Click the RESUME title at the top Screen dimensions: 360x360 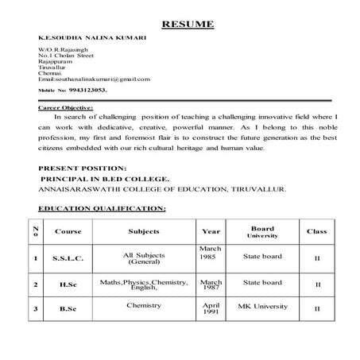point(188,24)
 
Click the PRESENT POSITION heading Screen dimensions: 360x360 point(82,168)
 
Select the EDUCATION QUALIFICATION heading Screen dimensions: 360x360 point(102,208)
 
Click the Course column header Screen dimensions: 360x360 point(68,232)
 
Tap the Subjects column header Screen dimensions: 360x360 point(144,232)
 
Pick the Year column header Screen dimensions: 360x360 point(211,232)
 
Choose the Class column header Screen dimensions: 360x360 point(316,232)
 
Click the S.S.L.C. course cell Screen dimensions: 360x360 point(68,258)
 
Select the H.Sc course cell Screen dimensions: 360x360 point(68,284)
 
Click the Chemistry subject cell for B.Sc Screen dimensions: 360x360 point(144,304)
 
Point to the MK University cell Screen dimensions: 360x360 point(261,305)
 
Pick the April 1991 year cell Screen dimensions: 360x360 point(211,308)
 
